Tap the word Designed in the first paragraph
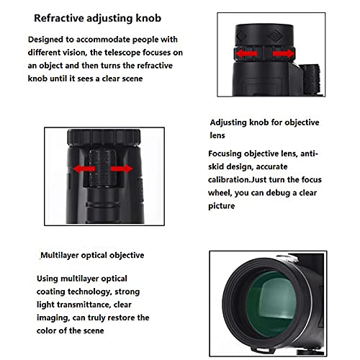tap(50, 40)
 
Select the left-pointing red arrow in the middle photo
tap(82, 168)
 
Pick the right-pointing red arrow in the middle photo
tap(123, 168)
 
